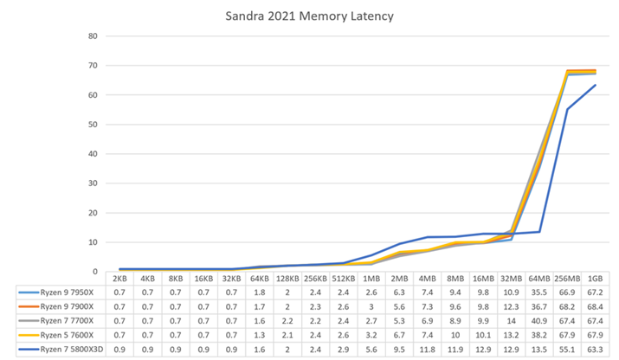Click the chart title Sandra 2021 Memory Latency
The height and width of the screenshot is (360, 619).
(309, 15)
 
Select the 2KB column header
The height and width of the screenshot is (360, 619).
(119, 279)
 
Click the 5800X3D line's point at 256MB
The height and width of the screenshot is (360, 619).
(567, 109)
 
